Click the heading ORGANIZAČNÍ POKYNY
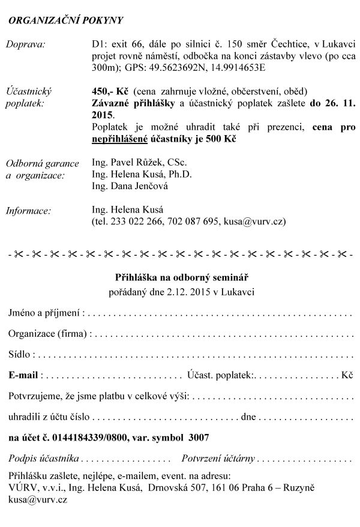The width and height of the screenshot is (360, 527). coord(65,20)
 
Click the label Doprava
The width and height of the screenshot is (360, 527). coord(28,44)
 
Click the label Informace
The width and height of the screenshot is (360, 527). coord(28,210)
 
